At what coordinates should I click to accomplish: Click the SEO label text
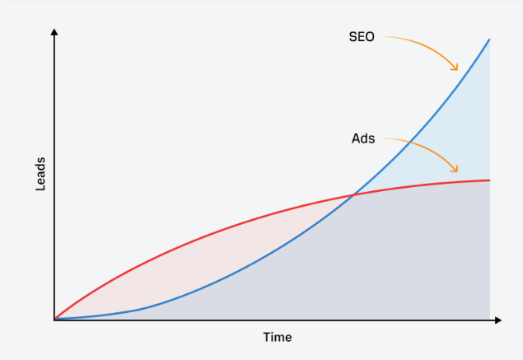[x=362, y=37]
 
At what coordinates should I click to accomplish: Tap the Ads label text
[x=363, y=138]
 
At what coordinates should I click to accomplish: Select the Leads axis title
[x=40, y=174]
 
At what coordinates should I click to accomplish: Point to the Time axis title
[x=278, y=337]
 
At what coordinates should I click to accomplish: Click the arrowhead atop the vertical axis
[x=54, y=31]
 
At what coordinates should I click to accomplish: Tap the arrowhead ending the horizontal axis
[x=498, y=320]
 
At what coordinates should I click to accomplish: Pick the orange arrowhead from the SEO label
[x=455, y=68]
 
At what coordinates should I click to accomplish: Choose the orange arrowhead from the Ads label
[x=455, y=169]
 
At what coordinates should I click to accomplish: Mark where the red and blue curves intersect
[x=353, y=195]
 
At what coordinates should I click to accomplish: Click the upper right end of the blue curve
[x=489, y=40]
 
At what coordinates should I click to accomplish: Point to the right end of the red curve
[x=489, y=180]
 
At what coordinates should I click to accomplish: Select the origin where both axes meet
[x=54, y=320]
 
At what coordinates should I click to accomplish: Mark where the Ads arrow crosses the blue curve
[x=409, y=143]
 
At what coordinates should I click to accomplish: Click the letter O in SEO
[x=370, y=37]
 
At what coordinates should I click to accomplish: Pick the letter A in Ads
[x=356, y=138]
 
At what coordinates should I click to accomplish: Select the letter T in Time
[x=267, y=337]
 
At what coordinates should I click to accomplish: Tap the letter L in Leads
[x=40, y=188]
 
